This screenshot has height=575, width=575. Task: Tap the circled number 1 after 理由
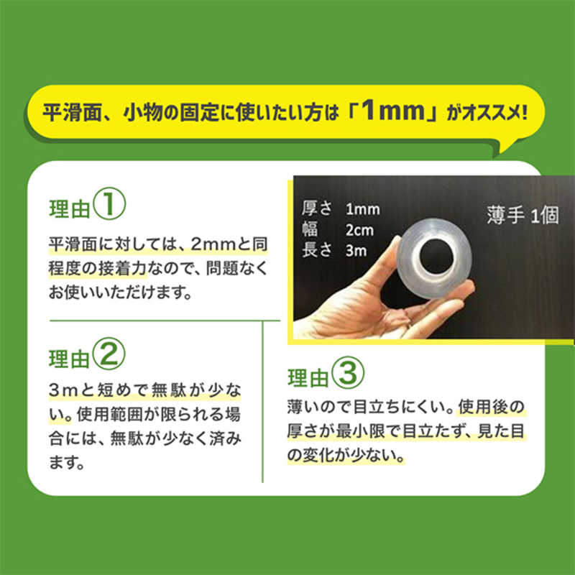pos(109,204)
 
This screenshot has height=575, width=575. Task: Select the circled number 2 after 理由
pos(109,354)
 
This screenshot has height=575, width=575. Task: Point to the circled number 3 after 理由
pos(348,373)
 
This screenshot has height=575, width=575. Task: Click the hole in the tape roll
pos(436,256)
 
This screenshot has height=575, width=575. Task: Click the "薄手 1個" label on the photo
pos(523,215)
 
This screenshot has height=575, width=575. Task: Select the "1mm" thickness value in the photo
pos(363,209)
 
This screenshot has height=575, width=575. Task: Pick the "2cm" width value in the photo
pos(359,230)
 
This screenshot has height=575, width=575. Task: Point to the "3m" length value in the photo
pos(356,251)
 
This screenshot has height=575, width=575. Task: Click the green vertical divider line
pos(262,402)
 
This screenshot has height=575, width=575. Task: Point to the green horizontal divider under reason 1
pos(165,321)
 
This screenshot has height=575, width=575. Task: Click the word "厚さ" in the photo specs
pos(317,208)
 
